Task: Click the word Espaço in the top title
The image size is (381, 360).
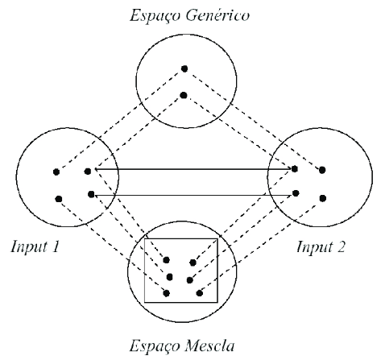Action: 155,16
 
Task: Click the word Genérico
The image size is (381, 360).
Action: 217,15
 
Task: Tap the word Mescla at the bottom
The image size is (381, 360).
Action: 209,346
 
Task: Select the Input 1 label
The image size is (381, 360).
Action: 35,246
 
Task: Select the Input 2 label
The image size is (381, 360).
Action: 321,246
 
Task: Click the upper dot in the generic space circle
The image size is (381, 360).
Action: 184,68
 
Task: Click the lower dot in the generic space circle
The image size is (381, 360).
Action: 184,95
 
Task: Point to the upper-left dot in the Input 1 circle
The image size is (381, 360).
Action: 56,172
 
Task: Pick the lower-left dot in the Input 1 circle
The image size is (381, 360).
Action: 59,199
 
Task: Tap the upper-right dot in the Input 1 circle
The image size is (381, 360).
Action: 88,172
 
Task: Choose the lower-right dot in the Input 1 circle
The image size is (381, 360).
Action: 91,194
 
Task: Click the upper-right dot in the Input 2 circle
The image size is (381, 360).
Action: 322,170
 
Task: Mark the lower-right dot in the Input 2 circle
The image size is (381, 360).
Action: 323,198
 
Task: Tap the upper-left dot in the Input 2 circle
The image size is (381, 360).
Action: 295,169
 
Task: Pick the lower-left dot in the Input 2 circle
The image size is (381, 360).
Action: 296,193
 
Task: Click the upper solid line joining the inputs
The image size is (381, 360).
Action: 193,169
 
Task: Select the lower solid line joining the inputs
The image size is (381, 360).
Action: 193,195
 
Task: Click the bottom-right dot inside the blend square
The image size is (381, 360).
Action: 199,293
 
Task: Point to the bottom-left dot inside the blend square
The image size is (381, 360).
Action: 167,293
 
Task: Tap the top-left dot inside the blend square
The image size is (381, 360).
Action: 167,260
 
